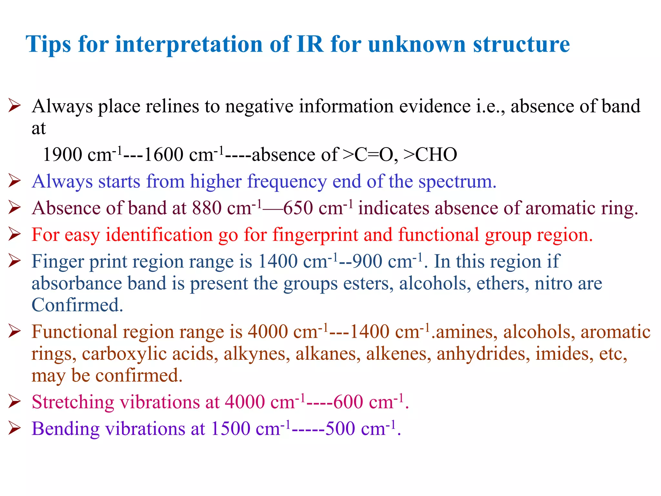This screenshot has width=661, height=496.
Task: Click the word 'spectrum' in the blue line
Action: (457, 181)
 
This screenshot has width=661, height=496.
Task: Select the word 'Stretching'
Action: (73, 402)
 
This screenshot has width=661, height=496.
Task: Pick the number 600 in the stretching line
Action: (349, 402)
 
